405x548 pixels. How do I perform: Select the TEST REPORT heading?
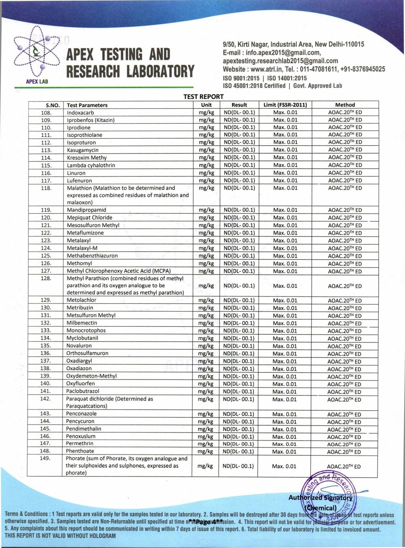(203, 97)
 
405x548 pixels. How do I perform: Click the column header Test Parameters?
(87, 105)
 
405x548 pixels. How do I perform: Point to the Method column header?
(345, 105)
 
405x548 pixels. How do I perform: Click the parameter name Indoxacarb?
(80, 112)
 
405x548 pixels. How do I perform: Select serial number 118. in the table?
(46, 188)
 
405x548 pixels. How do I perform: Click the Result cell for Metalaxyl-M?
(239, 248)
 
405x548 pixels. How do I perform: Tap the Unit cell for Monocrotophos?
(206, 331)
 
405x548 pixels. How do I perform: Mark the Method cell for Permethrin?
(344, 444)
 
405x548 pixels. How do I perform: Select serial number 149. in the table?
(45, 458)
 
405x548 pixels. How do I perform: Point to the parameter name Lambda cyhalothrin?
(91, 165)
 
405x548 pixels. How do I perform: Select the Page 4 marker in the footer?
(206, 521)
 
